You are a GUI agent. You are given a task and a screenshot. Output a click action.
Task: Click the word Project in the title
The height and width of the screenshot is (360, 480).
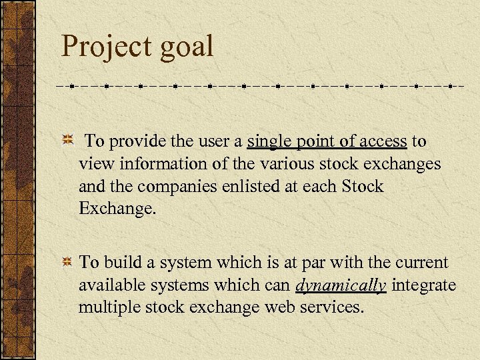[x=109, y=47]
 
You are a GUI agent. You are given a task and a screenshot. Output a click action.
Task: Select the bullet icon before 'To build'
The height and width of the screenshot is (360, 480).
[x=67, y=262]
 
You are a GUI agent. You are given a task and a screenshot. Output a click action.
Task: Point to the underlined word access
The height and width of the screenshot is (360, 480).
[x=383, y=141]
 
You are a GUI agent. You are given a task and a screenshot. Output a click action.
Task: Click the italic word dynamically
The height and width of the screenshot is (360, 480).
[x=341, y=286]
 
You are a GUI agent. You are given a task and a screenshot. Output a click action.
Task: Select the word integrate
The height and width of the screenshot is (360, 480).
[x=424, y=285]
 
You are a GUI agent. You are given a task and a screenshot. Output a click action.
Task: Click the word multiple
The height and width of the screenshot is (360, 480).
[x=105, y=308]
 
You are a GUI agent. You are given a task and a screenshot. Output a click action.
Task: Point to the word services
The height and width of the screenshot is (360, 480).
[x=330, y=307]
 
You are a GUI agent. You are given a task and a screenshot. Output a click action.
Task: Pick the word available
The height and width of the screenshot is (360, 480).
[x=109, y=285]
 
